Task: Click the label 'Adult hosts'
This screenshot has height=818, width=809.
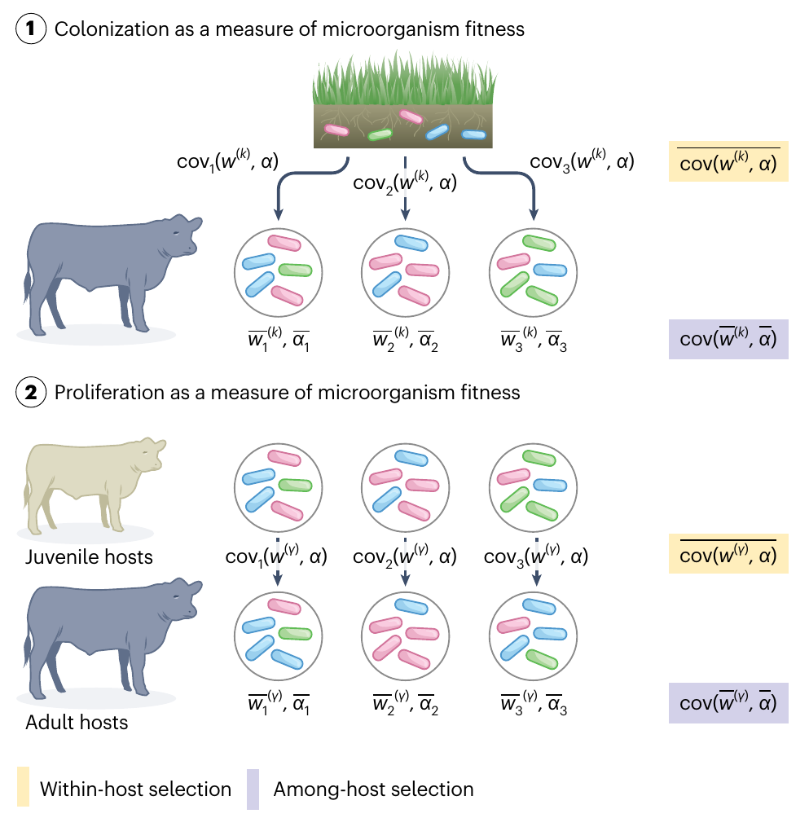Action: (77, 722)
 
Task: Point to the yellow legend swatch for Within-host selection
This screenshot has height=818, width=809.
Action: (24, 789)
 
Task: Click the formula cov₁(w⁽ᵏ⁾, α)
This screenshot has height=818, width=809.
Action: (227, 161)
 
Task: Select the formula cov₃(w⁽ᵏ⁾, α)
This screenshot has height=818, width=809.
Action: (582, 161)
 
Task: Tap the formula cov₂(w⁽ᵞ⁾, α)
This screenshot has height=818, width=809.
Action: (406, 557)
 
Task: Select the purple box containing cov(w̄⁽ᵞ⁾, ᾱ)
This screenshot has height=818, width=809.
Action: (728, 702)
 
